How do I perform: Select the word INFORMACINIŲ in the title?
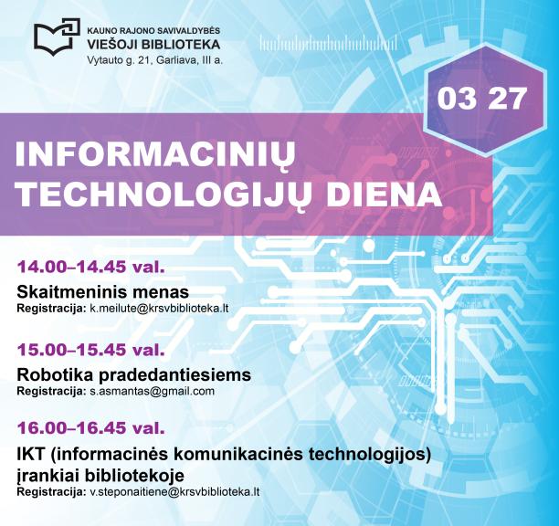pyautogui.click(x=156, y=156)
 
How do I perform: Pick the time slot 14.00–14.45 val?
pyautogui.click(x=90, y=268)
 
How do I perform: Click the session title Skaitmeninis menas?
pyautogui.click(x=103, y=292)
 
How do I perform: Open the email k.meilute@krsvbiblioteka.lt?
pyautogui.click(x=158, y=309)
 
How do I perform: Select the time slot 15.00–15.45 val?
pyautogui.click(x=90, y=350)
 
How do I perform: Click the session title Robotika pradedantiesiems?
pyautogui.click(x=133, y=374)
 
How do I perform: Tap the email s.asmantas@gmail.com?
pyautogui.click(x=152, y=391)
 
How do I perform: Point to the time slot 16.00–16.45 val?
pyautogui.click(x=90, y=427)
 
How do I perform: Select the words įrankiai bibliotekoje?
pyautogui.click(x=100, y=475)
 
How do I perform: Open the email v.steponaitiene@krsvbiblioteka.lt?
pyautogui.click(x=174, y=491)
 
